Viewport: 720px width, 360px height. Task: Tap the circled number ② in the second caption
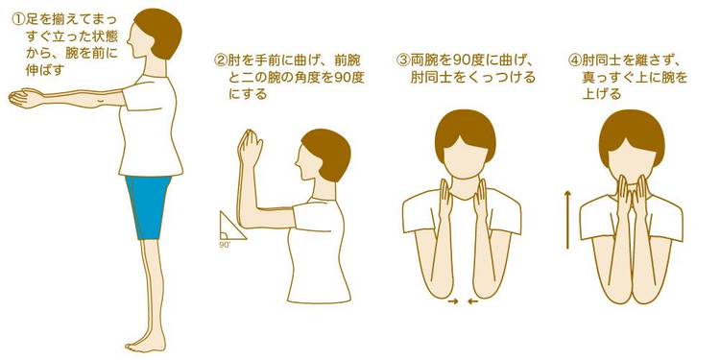[x=222, y=60]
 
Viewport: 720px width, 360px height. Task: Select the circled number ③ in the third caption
[x=403, y=60]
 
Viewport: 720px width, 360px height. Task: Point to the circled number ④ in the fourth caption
[x=575, y=60]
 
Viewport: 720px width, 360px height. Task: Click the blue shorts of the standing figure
[x=148, y=206]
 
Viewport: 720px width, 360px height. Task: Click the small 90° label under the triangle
[x=225, y=245]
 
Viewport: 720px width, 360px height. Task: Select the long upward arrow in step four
[x=568, y=221]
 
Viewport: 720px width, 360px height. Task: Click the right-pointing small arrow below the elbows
[x=453, y=301]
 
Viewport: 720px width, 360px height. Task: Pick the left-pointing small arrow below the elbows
[x=472, y=301]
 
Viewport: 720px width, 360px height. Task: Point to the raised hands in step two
[x=249, y=147]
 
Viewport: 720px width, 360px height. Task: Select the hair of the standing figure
[x=159, y=32]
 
